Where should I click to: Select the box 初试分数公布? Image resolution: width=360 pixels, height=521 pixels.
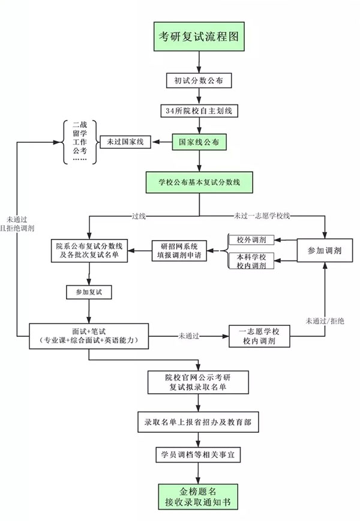pos(199,80)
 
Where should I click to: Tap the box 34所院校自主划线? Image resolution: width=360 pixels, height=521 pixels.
pos(199,111)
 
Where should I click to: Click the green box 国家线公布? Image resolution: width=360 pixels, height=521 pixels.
pos(199,142)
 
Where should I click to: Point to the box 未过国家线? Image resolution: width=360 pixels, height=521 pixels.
pos(125,142)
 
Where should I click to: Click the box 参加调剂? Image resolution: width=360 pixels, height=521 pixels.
pos(325,251)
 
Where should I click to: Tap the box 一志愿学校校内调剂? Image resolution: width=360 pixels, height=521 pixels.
pos(260,336)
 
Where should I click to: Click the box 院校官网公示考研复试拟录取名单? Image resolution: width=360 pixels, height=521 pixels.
pos(199,382)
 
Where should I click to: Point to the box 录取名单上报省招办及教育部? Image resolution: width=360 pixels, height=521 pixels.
pos(199,423)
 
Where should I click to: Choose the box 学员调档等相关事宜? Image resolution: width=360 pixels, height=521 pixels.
pos(199,456)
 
